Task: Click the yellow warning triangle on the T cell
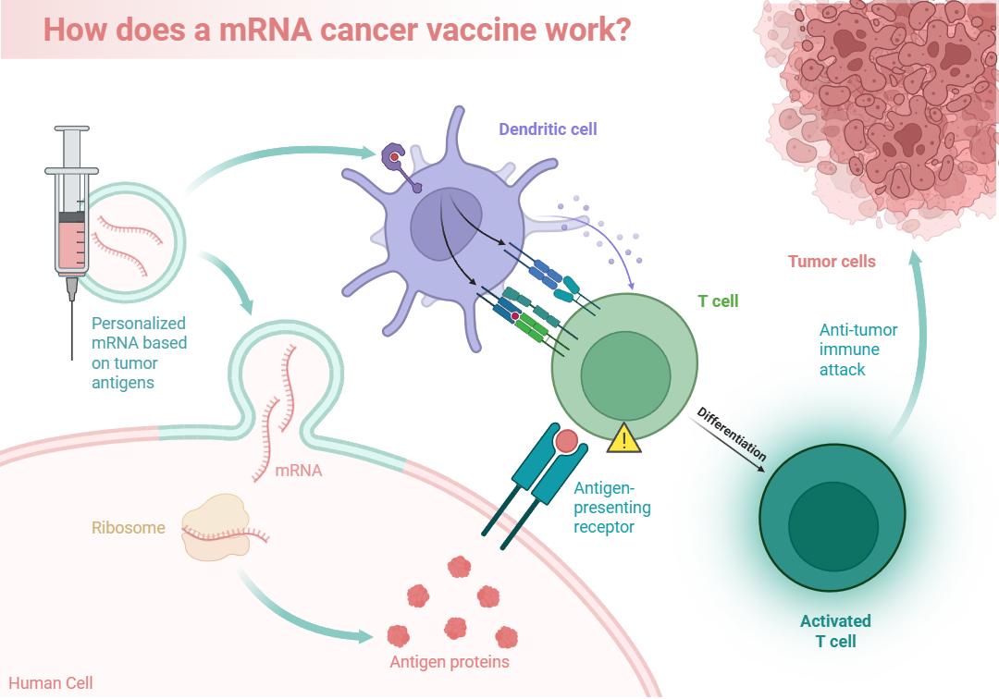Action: click(623, 438)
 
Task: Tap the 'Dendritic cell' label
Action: click(548, 129)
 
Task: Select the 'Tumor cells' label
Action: click(832, 261)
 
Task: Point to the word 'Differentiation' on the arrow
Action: click(732, 434)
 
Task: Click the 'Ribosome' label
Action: click(128, 528)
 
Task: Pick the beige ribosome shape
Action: click(216, 528)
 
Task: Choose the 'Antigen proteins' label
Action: click(450, 662)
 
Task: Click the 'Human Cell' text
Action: click(50, 683)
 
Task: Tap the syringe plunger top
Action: click(72, 129)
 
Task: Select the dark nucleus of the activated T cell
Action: click(833, 526)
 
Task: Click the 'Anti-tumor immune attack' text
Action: click(857, 349)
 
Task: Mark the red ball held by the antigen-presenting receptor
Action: click(566, 440)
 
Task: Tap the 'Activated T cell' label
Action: click(835, 631)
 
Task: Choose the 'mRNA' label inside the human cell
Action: click(298, 471)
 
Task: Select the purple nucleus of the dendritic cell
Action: click(445, 224)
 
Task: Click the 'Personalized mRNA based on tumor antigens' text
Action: click(139, 352)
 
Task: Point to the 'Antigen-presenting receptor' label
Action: click(612, 508)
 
